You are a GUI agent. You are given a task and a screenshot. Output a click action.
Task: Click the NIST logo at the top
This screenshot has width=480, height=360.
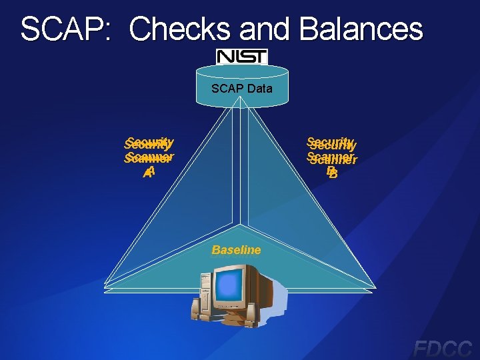click(241, 57)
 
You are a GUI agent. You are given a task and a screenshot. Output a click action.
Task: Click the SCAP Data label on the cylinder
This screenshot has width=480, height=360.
click(241, 88)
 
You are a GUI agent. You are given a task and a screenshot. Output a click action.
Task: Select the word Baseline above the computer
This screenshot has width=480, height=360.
click(236, 250)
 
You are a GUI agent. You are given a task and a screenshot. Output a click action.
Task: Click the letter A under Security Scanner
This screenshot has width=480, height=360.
click(149, 173)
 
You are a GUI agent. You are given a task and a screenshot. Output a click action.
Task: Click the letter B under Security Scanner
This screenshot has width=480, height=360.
click(331, 173)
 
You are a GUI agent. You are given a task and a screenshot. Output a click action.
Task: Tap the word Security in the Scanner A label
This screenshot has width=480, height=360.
click(149, 143)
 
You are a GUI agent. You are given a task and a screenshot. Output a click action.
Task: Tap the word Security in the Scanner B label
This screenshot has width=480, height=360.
click(331, 143)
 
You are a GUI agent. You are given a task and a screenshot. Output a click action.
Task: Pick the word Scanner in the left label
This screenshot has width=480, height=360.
click(149, 158)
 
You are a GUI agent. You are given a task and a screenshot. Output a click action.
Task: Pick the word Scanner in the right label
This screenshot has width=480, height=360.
click(332, 159)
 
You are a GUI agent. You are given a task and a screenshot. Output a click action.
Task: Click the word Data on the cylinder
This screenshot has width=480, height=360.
click(259, 88)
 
